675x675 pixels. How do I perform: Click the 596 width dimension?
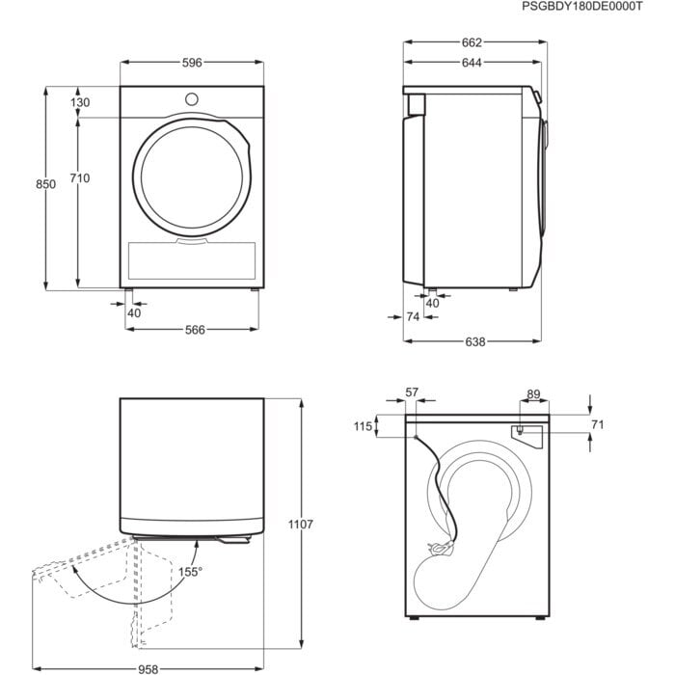pyautogui.click(x=192, y=63)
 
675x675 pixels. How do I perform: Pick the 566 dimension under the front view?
pyautogui.click(x=195, y=330)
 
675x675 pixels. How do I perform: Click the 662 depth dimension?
pyautogui.click(x=470, y=42)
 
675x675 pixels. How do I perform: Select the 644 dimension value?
pyautogui.click(x=470, y=63)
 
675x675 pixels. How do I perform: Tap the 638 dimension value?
pyautogui.click(x=473, y=341)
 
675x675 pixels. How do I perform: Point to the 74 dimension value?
pyautogui.click(x=413, y=316)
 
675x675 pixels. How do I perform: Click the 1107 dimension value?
pyautogui.click(x=301, y=526)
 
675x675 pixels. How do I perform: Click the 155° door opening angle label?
pyautogui.click(x=190, y=572)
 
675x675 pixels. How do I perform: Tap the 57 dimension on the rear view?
pyautogui.click(x=412, y=392)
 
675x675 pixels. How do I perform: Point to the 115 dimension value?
pyautogui.click(x=363, y=426)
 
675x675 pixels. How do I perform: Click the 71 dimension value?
pyautogui.click(x=597, y=424)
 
